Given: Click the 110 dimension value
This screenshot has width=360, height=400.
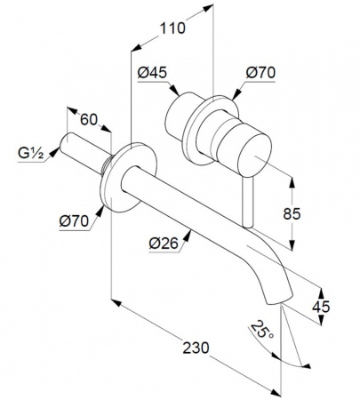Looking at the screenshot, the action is pyautogui.click(x=172, y=28).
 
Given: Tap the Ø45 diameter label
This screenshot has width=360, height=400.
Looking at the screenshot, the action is pyautogui.click(x=152, y=73).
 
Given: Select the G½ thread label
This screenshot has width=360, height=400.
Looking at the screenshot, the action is pyautogui.click(x=31, y=153).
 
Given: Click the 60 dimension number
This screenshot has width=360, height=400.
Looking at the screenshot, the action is pyautogui.click(x=89, y=120).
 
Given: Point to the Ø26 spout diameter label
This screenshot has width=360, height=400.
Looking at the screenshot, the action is pyautogui.click(x=164, y=244).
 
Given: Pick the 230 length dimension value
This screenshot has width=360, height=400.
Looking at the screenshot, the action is pyautogui.click(x=196, y=348).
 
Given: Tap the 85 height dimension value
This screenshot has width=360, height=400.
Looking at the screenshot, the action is pyautogui.click(x=292, y=213).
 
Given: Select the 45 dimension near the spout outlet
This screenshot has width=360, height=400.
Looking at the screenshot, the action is pyautogui.click(x=321, y=307).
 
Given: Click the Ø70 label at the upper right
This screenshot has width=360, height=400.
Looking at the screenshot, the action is pyautogui.click(x=260, y=73).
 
